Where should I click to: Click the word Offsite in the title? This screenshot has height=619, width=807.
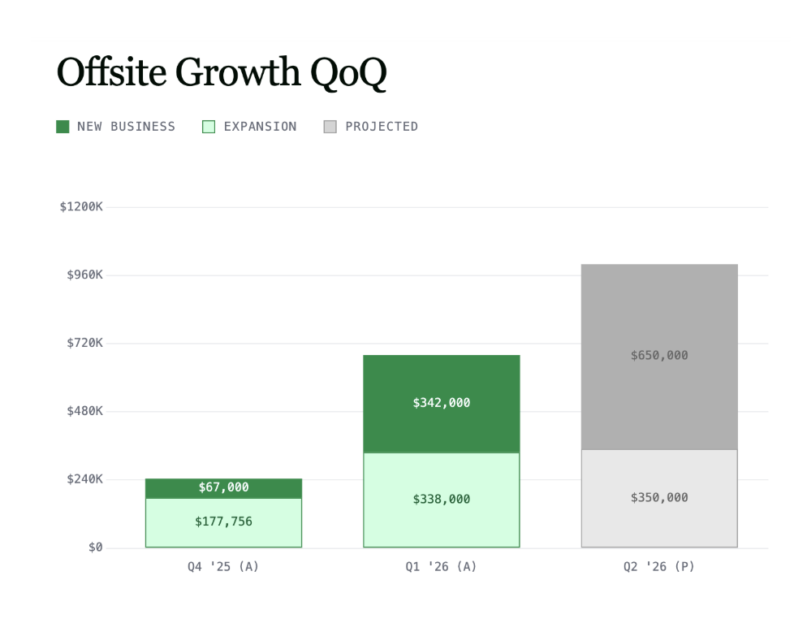pyautogui.click(x=111, y=72)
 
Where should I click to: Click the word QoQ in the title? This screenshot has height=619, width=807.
pyautogui.click(x=348, y=74)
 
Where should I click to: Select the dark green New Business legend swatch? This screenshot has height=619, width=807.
pyautogui.click(x=63, y=127)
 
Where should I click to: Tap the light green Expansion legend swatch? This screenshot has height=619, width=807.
pyautogui.click(x=209, y=127)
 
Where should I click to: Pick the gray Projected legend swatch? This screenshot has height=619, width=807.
pyautogui.click(x=330, y=127)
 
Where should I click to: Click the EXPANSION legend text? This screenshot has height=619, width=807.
pyautogui.click(x=260, y=127)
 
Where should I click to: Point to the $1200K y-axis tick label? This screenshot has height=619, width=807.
pyautogui.click(x=81, y=207)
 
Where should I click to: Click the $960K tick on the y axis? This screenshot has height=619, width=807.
pyautogui.click(x=84, y=275)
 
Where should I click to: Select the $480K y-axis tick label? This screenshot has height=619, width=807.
pyautogui.click(x=84, y=411)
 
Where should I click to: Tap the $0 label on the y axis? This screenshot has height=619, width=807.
pyautogui.click(x=95, y=548)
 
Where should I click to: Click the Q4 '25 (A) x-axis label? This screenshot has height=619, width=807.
pyautogui.click(x=223, y=567)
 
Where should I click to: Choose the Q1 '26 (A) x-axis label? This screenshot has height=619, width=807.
pyautogui.click(x=441, y=567)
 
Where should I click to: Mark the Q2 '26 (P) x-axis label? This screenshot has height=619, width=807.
pyautogui.click(x=658, y=567)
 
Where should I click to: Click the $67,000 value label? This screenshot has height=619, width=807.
pyautogui.click(x=223, y=487)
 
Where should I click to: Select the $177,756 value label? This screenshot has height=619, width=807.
pyautogui.click(x=223, y=522)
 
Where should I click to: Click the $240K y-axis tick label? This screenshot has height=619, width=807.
pyautogui.click(x=84, y=479)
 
